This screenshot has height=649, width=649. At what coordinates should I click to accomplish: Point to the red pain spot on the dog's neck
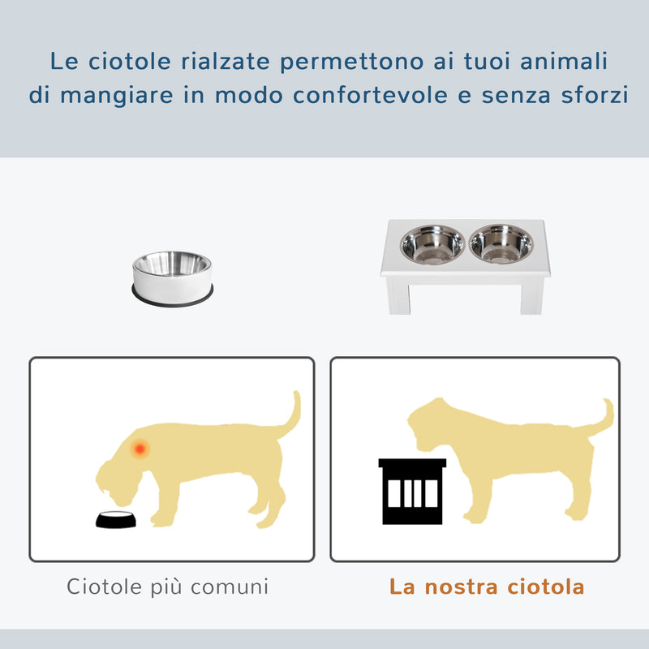pyautogui.click(x=140, y=447)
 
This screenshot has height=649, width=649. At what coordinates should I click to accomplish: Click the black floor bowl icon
pyautogui.click(x=116, y=520)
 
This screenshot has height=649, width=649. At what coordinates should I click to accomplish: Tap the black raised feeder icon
pyautogui.click(x=412, y=490)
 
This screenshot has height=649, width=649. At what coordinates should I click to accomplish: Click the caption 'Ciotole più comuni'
pyautogui.click(x=167, y=586)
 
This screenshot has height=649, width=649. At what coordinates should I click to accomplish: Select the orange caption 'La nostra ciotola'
pyautogui.click(x=487, y=587)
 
